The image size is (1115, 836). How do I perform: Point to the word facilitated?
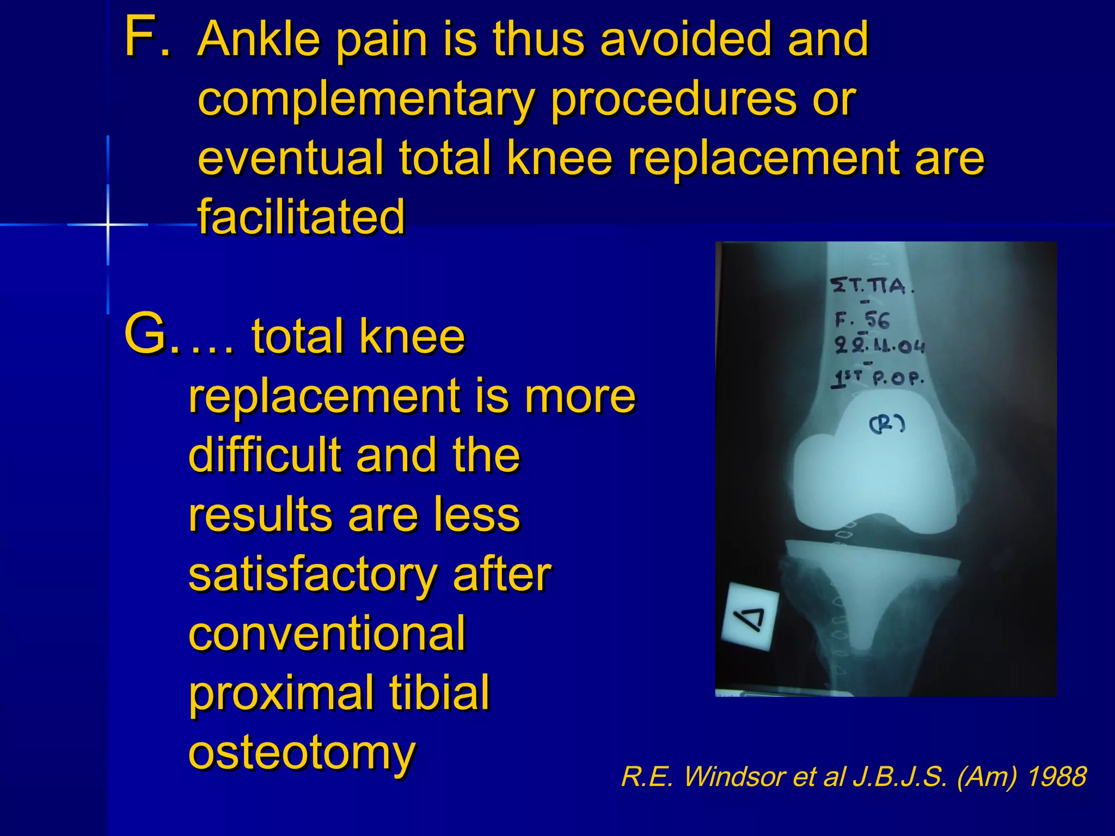301,217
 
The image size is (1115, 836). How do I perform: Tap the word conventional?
327,634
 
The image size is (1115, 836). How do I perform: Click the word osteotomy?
302,752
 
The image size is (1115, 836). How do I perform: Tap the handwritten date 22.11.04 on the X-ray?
879,346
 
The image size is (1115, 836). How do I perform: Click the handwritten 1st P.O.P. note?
877,378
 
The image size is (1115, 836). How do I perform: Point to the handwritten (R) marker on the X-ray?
887,423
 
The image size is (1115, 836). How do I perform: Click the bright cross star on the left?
108,224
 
